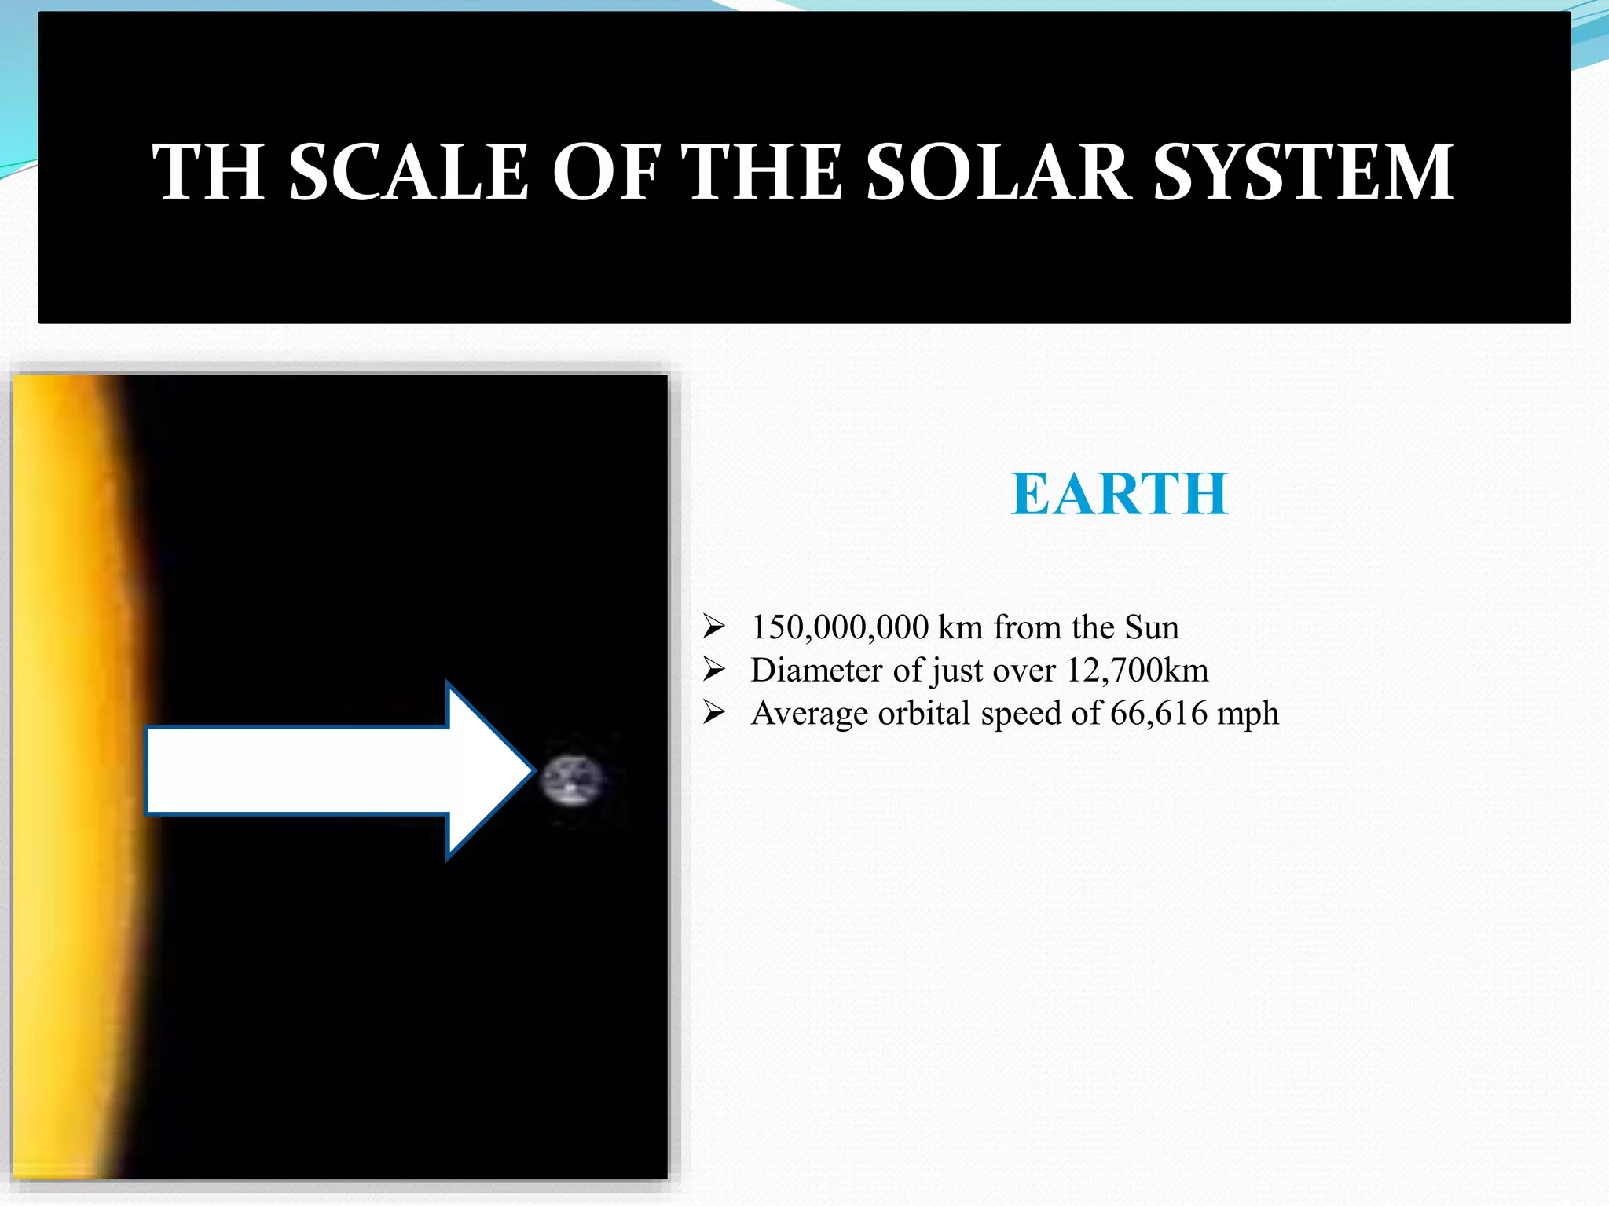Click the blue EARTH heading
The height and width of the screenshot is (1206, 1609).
pos(1119,495)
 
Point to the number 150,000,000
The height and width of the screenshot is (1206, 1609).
pos(839,627)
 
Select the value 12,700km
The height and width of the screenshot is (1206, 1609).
pos(1137,671)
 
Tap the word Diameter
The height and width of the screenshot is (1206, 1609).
pos(817,671)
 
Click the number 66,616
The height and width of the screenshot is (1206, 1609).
pos(1158,713)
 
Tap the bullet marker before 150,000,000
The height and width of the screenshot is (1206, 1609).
pos(713,627)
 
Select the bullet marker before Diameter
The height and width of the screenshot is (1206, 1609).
pos(713,670)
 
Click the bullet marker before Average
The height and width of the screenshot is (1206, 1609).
pos(713,712)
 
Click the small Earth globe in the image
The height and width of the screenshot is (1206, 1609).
pos(572,780)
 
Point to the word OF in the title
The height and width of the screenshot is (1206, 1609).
pos(606,172)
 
